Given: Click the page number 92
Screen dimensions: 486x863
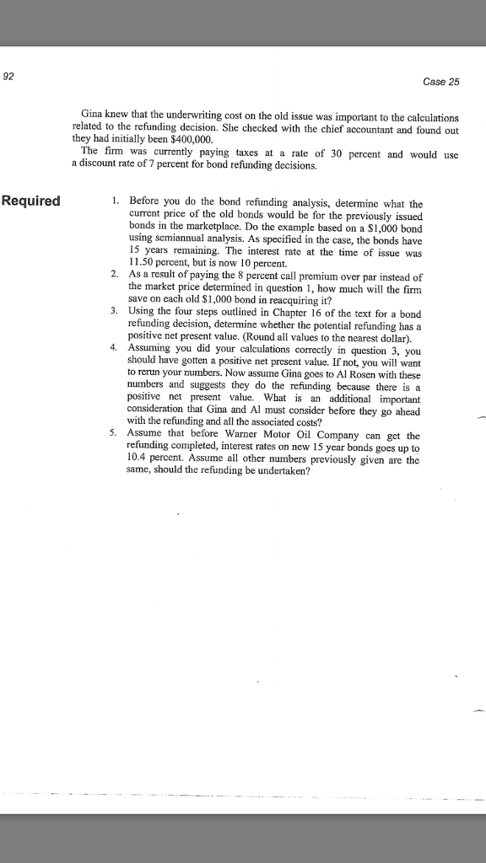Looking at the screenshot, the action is coord(8,77).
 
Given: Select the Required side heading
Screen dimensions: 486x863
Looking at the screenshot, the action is coord(31,201).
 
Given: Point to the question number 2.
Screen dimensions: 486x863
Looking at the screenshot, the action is coord(113,276).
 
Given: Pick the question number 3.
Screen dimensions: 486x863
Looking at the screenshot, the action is coord(113,311).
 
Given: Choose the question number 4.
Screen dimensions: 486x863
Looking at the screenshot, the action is coord(113,347).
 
